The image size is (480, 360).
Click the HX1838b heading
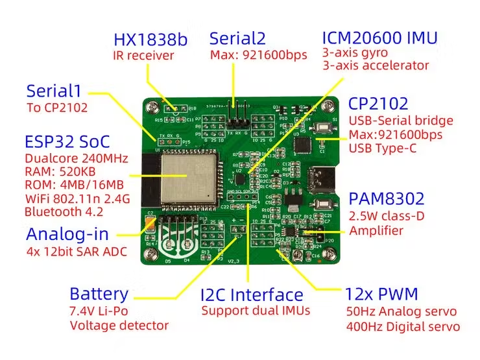(150, 40)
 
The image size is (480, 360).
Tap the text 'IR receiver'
(144, 56)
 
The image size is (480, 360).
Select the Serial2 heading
(237, 38)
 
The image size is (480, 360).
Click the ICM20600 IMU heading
(380, 37)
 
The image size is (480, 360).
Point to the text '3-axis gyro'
(355, 52)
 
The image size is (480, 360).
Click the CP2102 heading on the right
(378, 104)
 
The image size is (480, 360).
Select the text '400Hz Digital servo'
(403, 326)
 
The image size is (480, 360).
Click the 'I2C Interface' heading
(252, 295)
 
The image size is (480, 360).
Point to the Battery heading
(99, 294)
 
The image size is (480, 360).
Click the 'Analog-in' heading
(67, 234)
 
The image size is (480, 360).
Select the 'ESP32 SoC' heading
(67, 142)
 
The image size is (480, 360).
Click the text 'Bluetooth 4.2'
(65, 211)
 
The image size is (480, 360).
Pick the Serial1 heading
(57, 91)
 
